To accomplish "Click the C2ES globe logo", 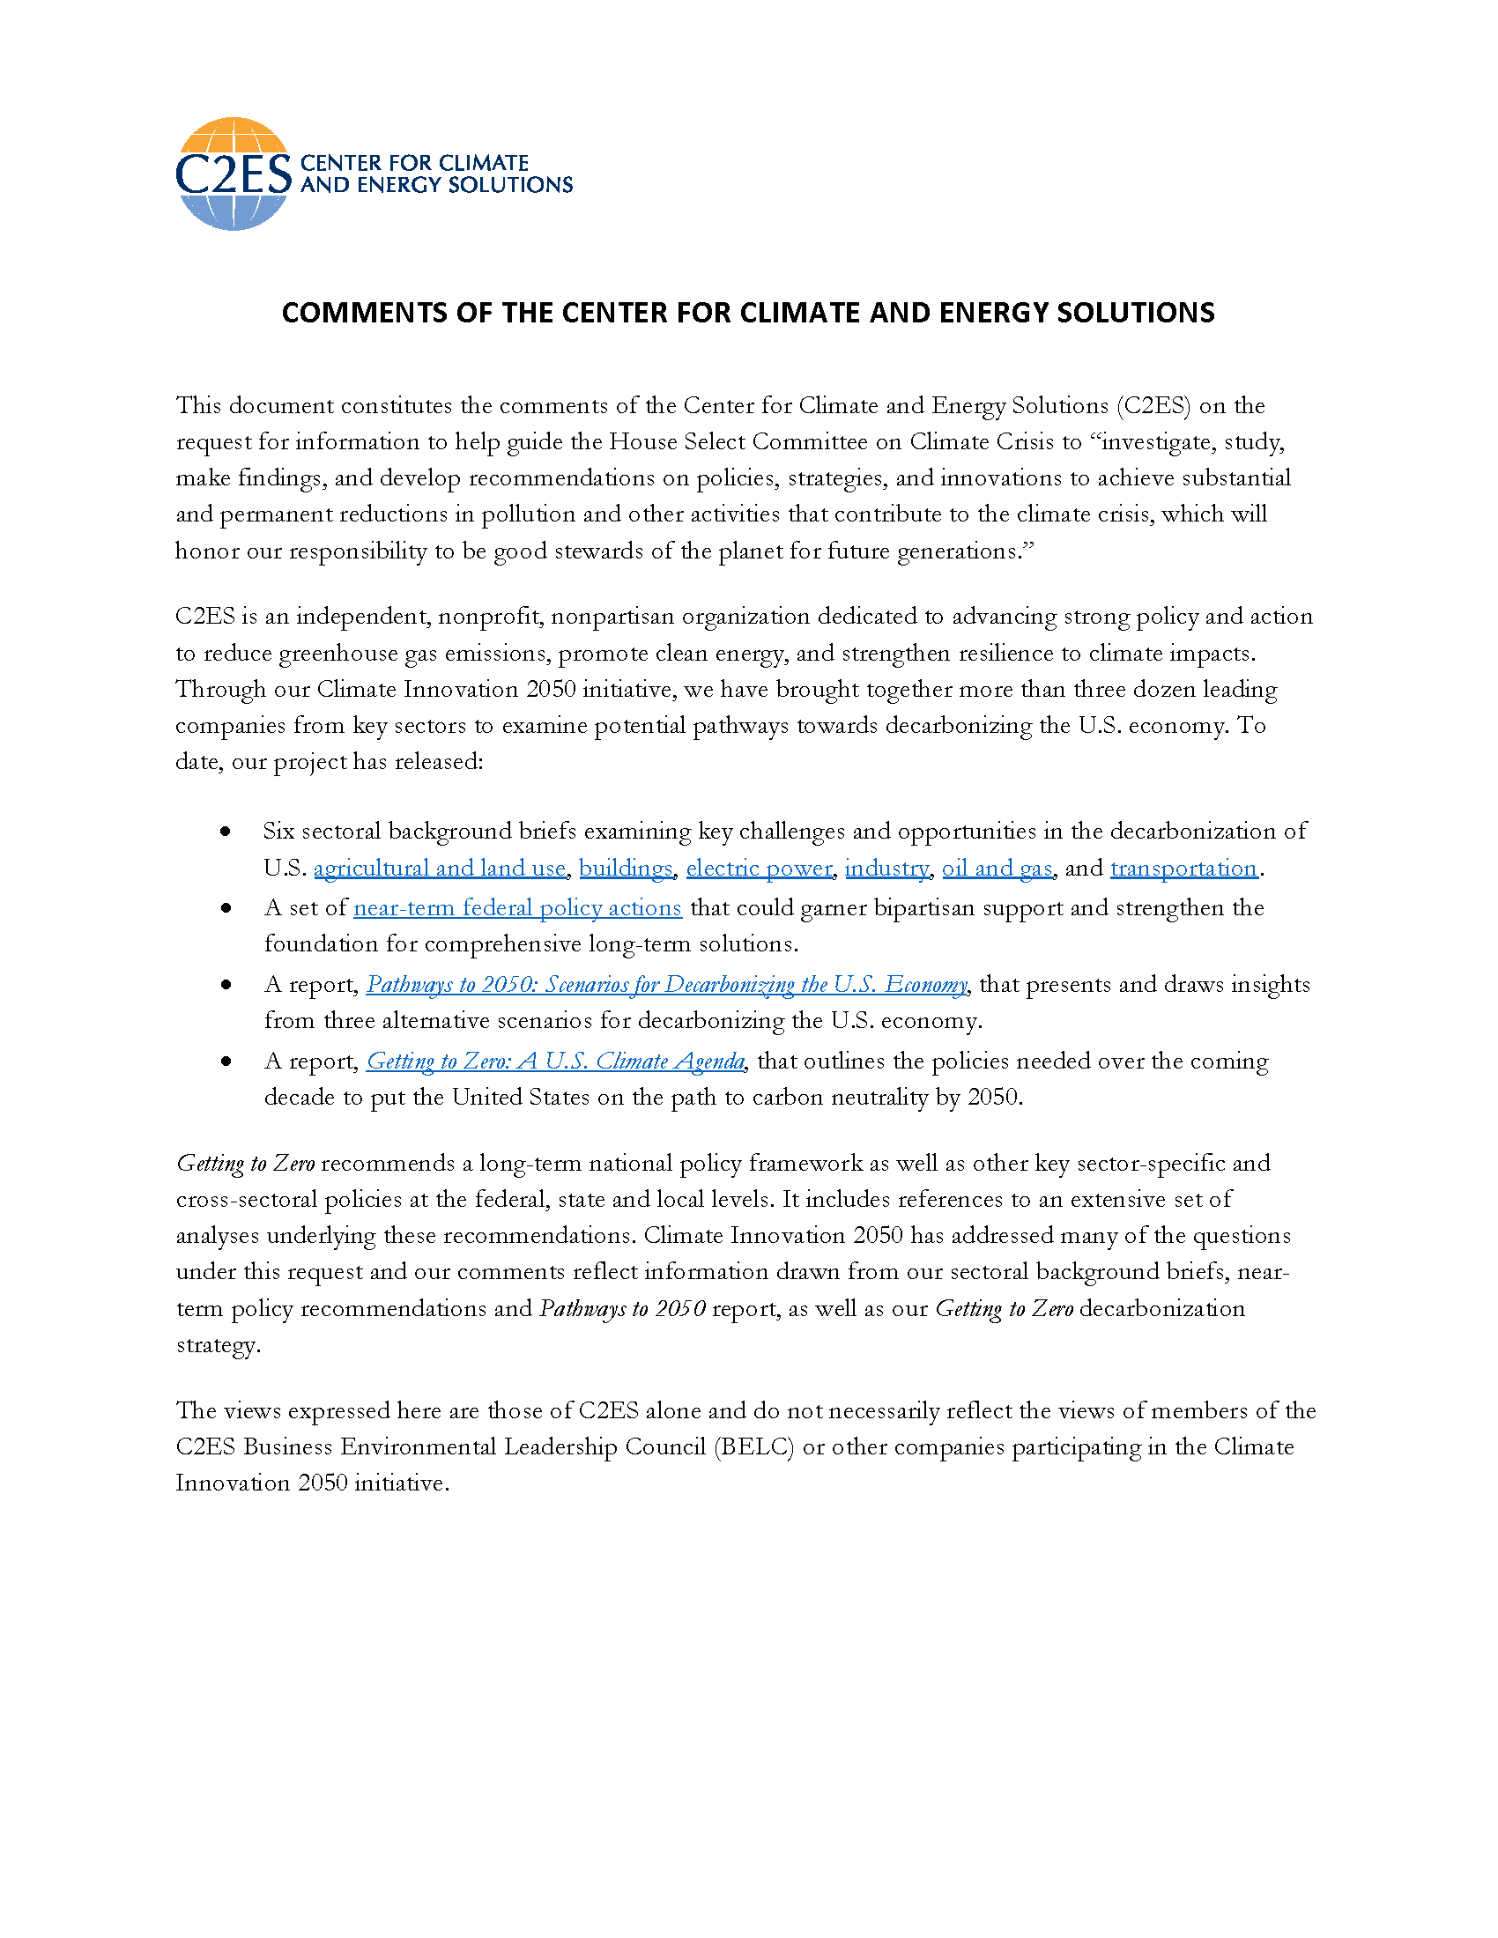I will [234, 174].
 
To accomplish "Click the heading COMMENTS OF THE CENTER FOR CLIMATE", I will [747, 314].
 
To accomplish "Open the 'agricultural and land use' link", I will [440, 868].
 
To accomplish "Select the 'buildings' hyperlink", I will [626, 868].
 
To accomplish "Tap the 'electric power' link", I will [760, 868].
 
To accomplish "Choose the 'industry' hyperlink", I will [886, 868].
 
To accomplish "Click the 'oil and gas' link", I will [997, 868].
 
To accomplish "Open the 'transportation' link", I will [1183, 868].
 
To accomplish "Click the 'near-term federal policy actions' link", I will [517, 907].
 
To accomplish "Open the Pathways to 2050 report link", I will [666, 984].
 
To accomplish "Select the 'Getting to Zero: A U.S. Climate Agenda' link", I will [555, 1061].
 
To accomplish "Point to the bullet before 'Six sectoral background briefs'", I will [226, 832].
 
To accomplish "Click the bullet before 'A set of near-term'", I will [226, 907].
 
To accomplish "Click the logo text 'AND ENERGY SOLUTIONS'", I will [436, 185].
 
